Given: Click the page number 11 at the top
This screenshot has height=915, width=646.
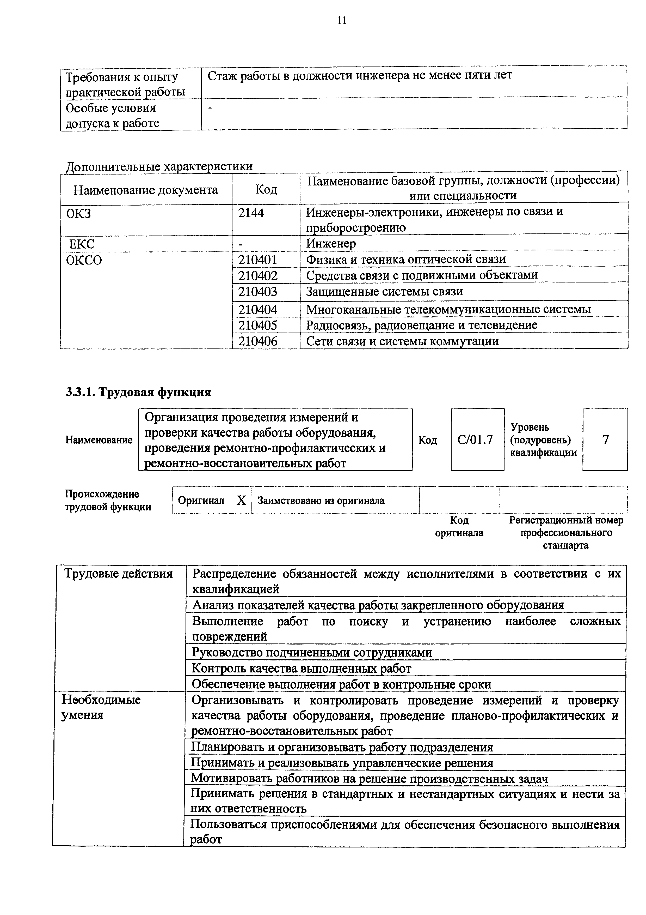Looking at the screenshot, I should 342,21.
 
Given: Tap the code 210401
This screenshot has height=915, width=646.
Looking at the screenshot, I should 257,260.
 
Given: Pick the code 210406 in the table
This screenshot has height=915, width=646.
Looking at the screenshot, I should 257,341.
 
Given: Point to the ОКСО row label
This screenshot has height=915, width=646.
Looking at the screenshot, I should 84,260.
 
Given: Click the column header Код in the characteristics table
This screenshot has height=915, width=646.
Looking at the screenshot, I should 266,189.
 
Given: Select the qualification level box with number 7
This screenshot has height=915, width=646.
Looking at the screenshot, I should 605,440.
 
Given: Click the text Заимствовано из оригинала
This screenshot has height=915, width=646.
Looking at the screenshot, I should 321,501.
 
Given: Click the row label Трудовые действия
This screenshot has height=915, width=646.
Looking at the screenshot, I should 118,574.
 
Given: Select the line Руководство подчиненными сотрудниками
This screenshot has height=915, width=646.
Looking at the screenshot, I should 312,652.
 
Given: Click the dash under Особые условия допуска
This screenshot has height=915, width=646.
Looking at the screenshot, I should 211,108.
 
